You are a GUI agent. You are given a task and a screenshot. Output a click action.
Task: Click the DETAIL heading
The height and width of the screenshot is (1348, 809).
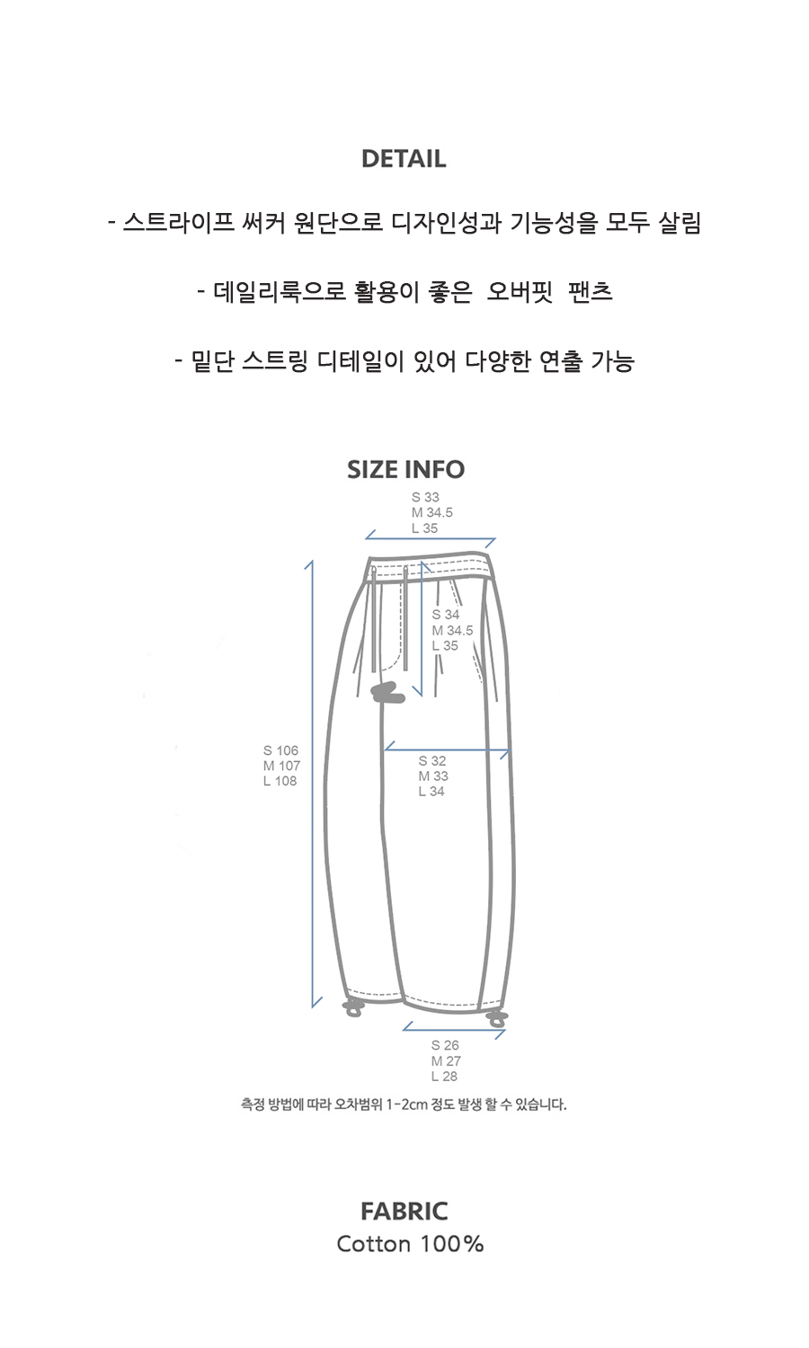pos(404,159)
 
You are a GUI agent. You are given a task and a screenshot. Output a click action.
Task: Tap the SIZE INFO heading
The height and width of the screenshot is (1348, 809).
pos(405,469)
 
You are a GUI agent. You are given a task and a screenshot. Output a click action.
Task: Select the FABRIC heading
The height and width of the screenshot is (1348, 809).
pos(404,1211)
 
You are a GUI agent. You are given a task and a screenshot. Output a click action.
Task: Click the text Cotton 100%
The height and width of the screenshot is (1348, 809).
pos(410,1244)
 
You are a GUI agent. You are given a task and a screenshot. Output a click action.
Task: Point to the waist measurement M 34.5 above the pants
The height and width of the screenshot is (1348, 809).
pos(432,513)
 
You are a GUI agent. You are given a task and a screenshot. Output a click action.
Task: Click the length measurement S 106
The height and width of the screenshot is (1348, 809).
pos(280,750)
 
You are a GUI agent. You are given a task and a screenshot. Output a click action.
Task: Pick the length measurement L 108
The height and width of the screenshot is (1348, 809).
pos(280,781)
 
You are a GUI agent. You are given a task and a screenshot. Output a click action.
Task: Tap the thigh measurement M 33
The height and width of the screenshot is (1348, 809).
pos(433,776)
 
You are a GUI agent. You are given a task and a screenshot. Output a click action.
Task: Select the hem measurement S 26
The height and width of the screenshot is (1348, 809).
pos(445,1045)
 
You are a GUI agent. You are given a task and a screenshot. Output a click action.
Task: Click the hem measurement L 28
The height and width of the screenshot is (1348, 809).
pos(444,1076)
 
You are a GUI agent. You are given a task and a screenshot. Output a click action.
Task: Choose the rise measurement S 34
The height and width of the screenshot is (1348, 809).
pos(446,615)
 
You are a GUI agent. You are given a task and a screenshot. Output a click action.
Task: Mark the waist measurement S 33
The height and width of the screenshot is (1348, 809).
pos(425,497)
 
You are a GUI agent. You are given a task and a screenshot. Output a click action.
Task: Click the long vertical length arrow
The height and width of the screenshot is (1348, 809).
pos(313,785)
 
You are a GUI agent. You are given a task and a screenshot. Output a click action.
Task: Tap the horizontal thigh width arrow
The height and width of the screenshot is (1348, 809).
pos(448,749)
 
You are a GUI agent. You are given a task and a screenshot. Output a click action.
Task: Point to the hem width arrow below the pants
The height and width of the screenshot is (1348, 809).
pos(454,1030)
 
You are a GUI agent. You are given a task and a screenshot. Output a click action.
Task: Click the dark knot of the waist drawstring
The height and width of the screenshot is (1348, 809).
pos(387,693)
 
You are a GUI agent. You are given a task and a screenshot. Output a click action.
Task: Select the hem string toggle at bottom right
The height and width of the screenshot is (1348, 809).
pos(496,1019)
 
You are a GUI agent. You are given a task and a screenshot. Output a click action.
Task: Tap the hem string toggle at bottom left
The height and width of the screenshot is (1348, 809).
pos(352,1008)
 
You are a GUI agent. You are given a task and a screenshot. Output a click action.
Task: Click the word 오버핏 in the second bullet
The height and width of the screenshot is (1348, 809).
pos(520,292)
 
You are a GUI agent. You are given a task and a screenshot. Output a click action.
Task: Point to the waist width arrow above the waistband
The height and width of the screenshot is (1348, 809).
pos(431,538)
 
